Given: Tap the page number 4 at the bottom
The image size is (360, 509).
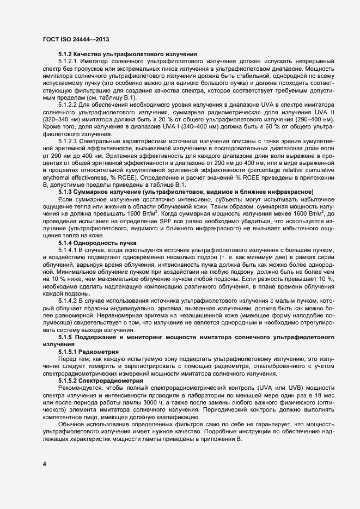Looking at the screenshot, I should click(x=45, y=464).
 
